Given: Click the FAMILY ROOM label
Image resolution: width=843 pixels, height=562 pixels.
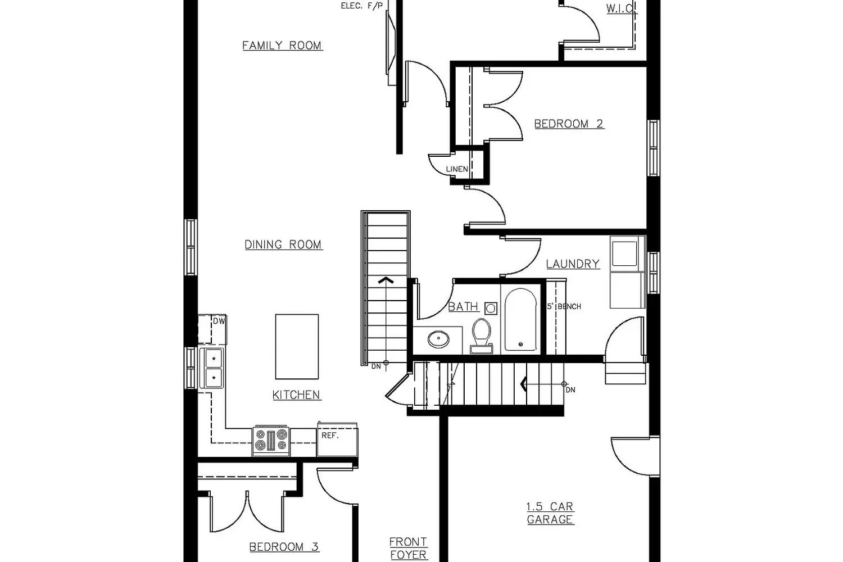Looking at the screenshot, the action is [x=282, y=46].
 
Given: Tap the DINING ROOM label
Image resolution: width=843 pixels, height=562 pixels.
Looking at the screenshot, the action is [x=283, y=244].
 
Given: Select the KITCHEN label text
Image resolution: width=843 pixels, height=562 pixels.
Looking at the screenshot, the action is [x=297, y=395].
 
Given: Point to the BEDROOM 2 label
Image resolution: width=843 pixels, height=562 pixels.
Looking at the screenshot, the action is [x=569, y=124].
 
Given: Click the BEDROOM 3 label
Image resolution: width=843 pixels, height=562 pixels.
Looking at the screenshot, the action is [x=284, y=547].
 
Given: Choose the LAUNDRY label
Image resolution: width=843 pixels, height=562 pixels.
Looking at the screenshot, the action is [x=573, y=264].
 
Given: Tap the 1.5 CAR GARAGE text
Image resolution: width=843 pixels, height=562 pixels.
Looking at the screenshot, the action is [x=550, y=513].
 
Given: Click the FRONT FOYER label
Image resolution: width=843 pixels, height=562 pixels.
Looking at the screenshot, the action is [x=409, y=548].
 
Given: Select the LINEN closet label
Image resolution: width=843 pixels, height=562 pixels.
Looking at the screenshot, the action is [x=457, y=169].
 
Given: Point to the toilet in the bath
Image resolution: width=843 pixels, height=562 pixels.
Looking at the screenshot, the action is [x=481, y=336].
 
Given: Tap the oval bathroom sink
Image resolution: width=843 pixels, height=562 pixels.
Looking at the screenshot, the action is [x=438, y=339].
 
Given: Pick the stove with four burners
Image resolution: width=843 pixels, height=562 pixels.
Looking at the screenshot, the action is [x=271, y=441].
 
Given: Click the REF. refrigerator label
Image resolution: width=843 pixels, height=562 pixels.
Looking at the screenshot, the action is [x=330, y=436].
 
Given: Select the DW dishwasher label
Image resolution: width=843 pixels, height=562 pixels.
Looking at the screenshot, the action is [x=219, y=321].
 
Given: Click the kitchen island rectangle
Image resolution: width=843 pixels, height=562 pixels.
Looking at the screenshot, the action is [x=297, y=347].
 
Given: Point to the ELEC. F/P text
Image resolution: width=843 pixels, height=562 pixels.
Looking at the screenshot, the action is [x=362, y=6].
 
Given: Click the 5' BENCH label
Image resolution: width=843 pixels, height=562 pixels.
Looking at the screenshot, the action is [x=564, y=306].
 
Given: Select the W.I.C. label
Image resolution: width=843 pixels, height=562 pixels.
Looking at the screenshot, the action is [x=621, y=8].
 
